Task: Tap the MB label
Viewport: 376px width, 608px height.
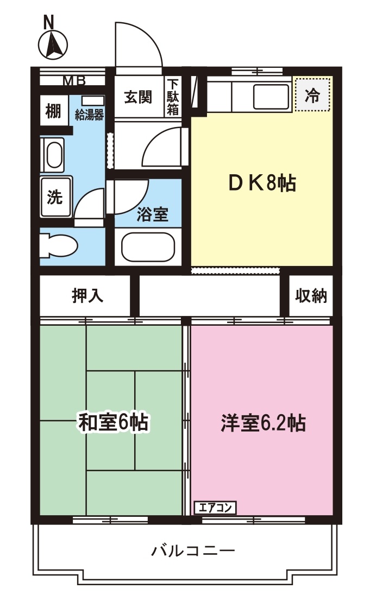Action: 74,81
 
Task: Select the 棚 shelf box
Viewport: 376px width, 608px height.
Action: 53,111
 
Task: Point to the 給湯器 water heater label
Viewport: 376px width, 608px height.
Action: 89,115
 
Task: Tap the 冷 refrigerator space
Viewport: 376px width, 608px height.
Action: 312,96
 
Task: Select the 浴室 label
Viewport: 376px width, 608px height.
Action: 152,215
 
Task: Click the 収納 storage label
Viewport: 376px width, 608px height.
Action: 311,296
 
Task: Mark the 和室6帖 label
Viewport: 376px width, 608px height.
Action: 113,422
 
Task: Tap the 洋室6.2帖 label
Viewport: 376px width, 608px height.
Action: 262,422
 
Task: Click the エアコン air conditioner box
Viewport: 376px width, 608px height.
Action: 215,508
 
